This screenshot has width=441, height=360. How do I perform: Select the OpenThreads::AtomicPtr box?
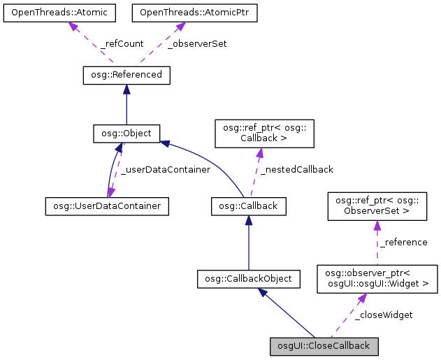185,13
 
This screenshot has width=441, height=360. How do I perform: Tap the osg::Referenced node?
126,74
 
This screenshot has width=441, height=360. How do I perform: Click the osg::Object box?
126,133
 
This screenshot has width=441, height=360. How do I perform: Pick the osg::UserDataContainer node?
107,206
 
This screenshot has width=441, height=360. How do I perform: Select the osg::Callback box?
248,206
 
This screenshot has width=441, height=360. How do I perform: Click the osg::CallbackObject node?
248,279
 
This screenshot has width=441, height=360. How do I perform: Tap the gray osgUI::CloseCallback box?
325,345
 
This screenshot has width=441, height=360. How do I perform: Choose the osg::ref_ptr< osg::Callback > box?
259,133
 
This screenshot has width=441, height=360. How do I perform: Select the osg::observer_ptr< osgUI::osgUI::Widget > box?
377,279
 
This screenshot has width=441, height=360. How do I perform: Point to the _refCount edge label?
122,43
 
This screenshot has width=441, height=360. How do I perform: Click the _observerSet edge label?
197,43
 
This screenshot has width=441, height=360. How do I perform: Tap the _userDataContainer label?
165,169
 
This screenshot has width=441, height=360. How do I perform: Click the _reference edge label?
403,243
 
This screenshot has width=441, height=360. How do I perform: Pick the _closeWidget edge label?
383,315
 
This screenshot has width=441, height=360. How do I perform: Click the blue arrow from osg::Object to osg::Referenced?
126,105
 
